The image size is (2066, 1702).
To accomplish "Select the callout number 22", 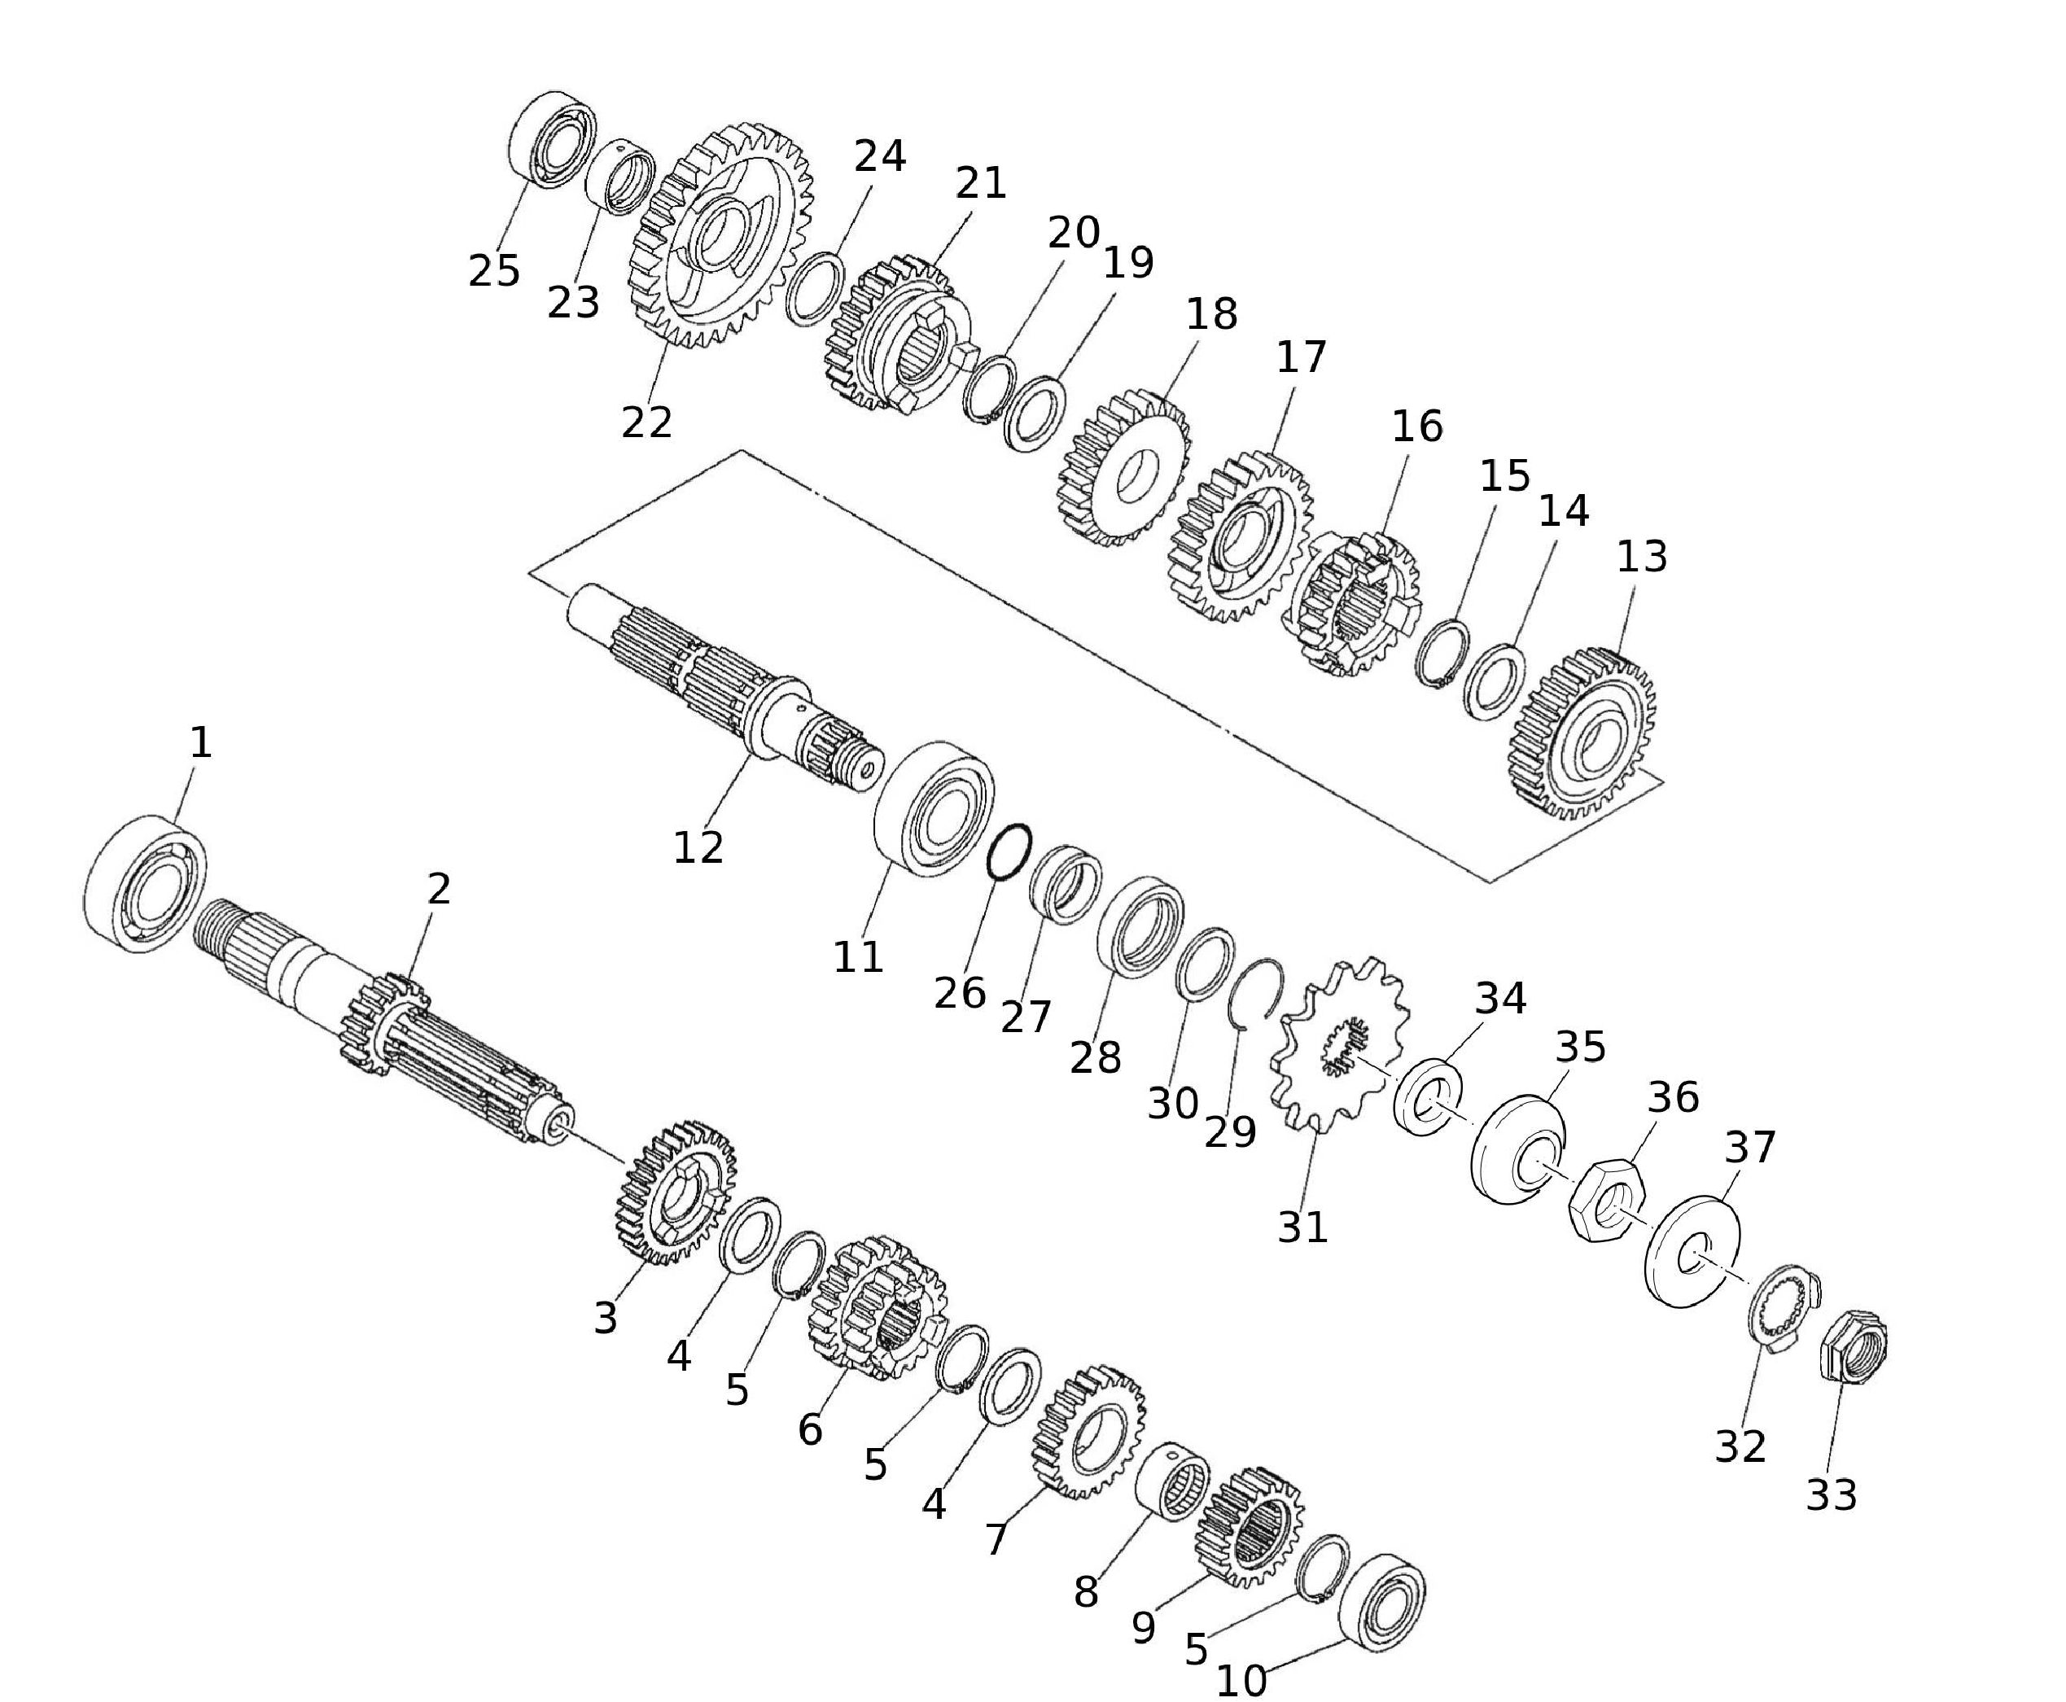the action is pos(646,422).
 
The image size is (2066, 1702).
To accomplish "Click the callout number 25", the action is pos(493,270).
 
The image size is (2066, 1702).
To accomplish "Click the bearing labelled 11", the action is pos(934,810).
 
